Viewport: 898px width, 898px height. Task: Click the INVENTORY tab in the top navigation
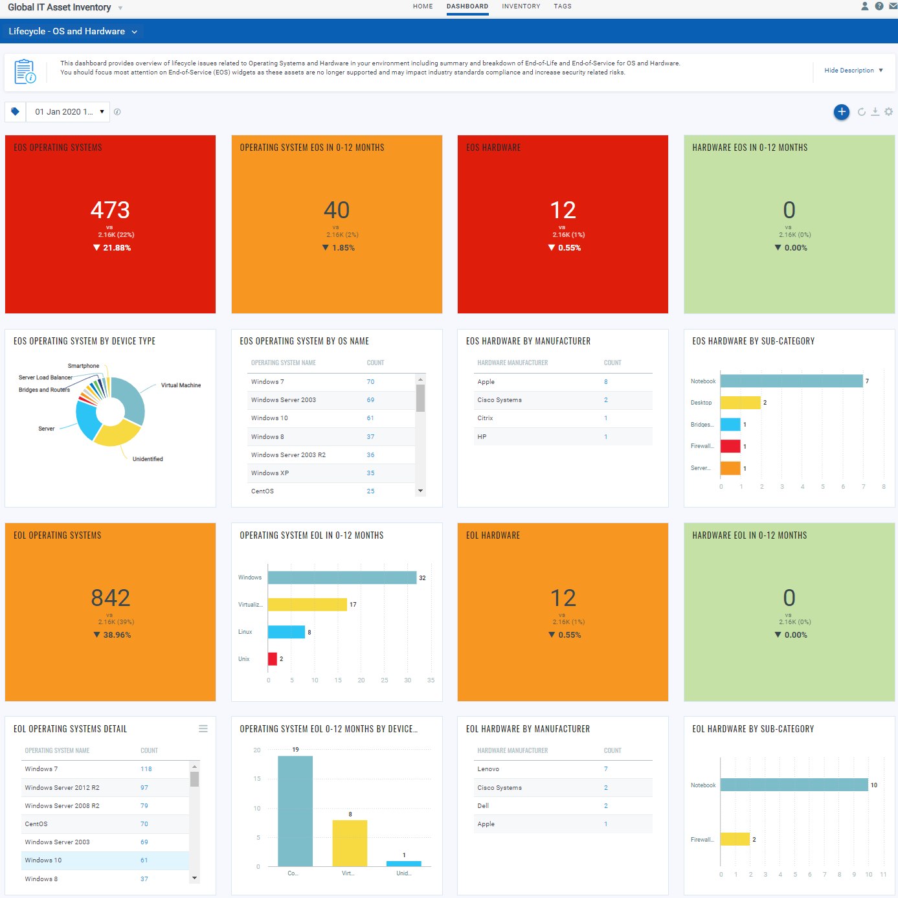[x=521, y=6]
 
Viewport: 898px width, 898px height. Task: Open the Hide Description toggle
[x=853, y=71]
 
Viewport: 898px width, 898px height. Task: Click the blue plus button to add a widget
[x=841, y=112]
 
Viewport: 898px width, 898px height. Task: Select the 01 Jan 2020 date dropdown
[x=67, y=112]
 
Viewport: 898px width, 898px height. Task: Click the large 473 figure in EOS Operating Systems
[x=110, y=210]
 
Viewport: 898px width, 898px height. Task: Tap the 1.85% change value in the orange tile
[x=343, y=248]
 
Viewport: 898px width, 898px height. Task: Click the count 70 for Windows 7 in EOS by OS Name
[x=370, y=382]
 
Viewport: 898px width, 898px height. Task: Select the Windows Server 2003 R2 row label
[x=288, y=455]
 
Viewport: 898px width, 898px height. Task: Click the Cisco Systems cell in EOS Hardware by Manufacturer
[x=499, y=400]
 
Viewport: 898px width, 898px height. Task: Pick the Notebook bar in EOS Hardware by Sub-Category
[x=791, y=381]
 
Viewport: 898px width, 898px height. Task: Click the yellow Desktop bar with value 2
[x=740, y=403]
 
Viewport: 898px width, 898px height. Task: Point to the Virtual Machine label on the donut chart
[x=181, y=385]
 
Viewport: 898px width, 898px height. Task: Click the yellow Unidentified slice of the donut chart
[x=117, y=434]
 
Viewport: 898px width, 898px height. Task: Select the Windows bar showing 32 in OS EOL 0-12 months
[x=342, y=578]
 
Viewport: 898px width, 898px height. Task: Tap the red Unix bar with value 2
[x=273, y=659]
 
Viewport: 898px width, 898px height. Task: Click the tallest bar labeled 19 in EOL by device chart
[x=295, y=811]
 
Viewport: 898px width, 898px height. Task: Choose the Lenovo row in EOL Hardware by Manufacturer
[x=488, y=769]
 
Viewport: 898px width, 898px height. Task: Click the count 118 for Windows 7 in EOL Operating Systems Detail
[x=146, y=769]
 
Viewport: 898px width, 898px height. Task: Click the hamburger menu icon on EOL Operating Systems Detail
[x=203, y=729]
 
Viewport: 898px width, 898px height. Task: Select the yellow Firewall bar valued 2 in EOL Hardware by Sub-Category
[x=735, y=839]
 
